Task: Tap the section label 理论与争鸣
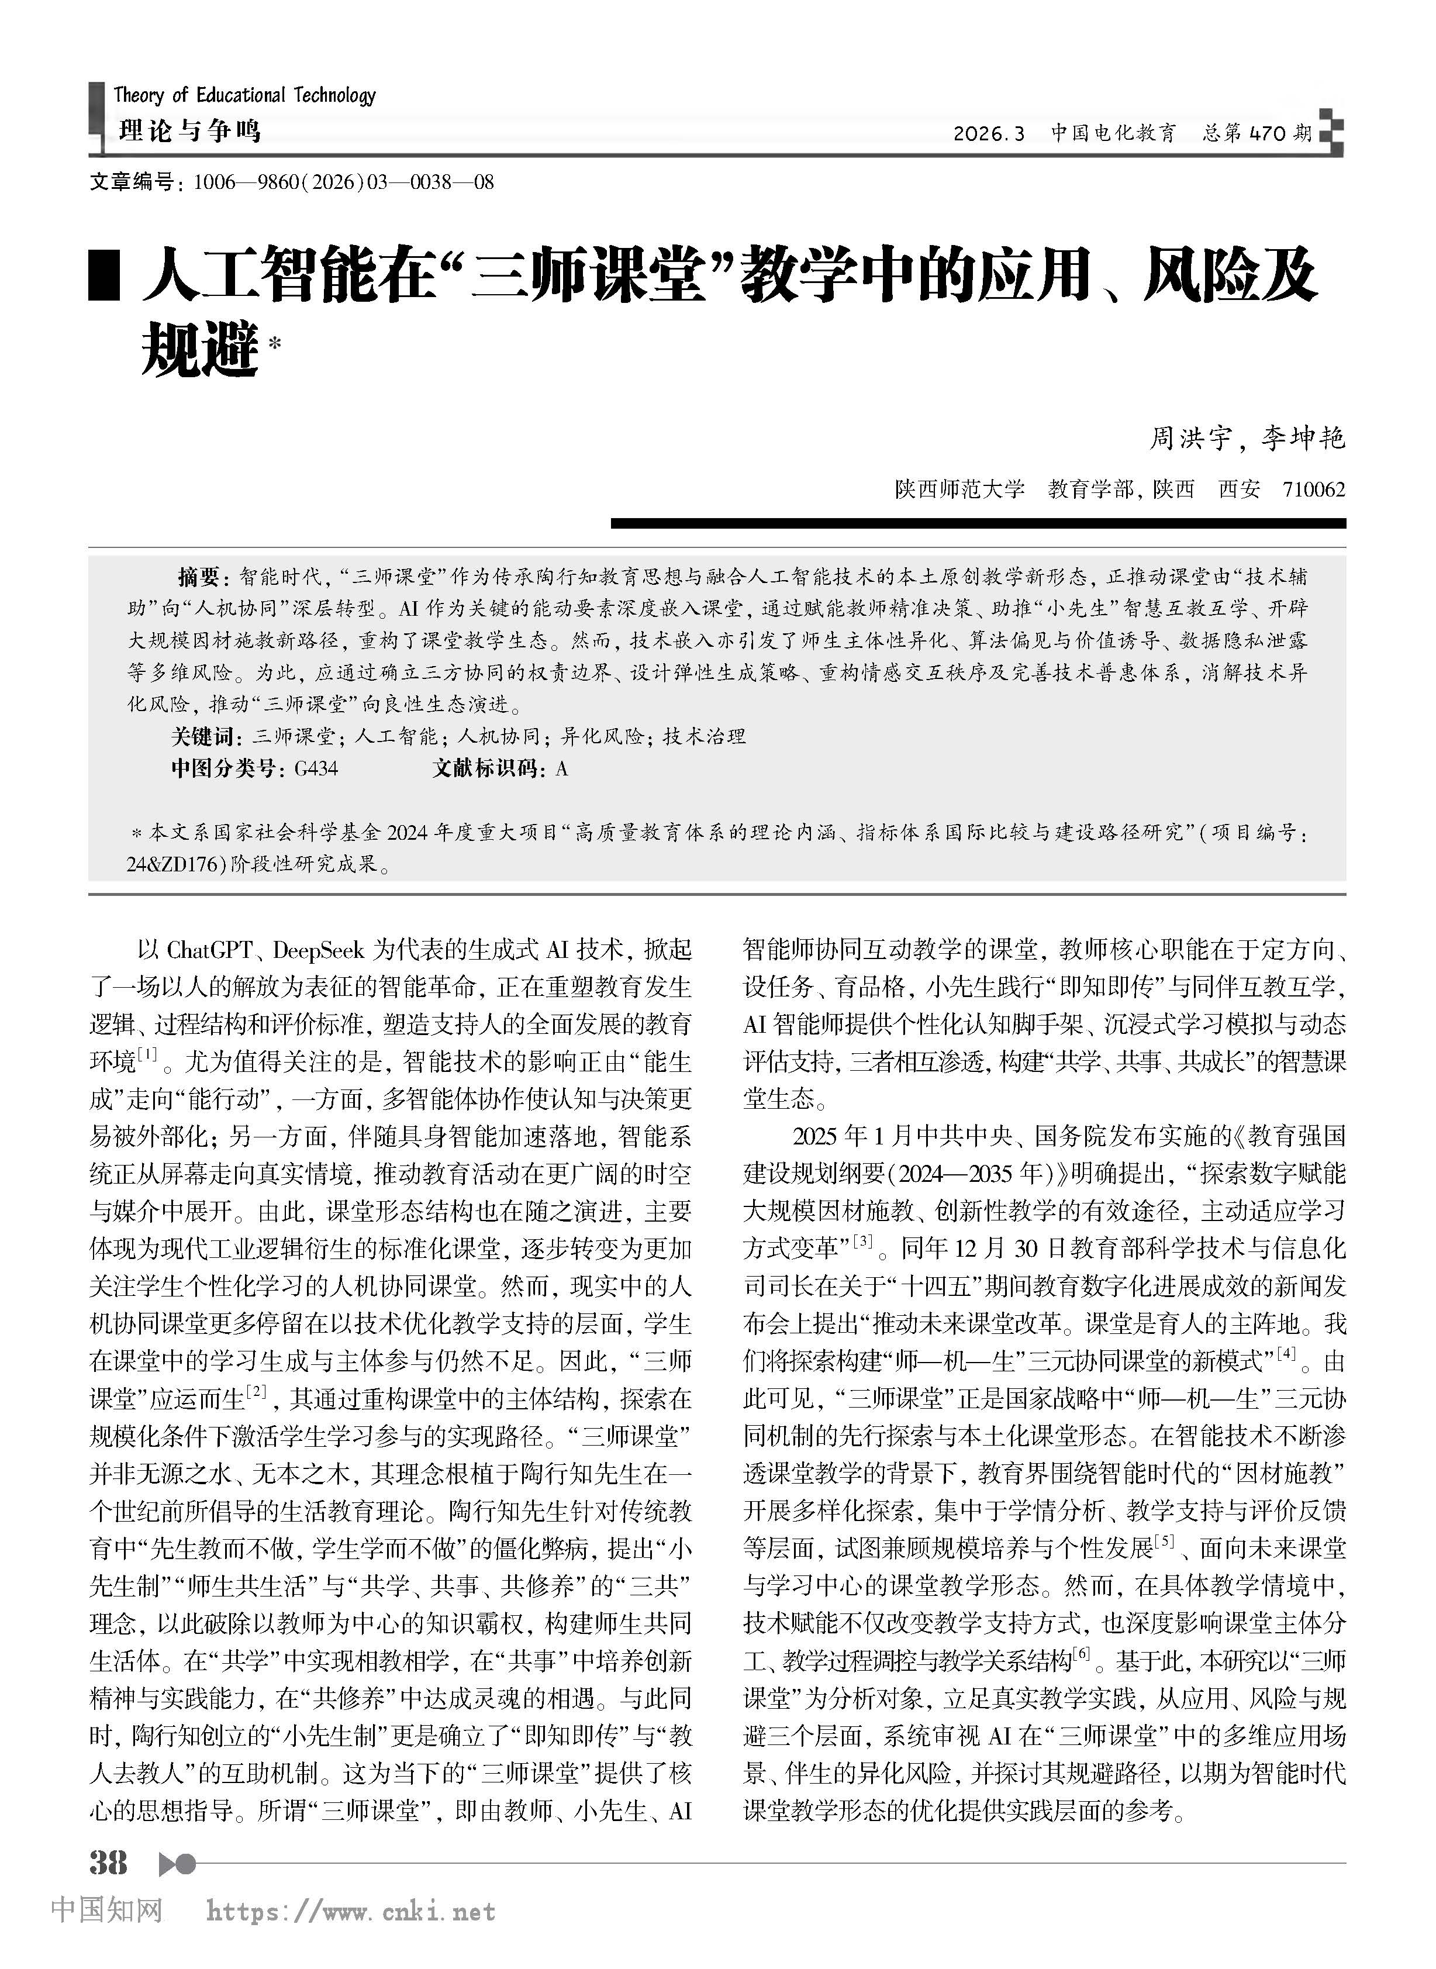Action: coord(189,131)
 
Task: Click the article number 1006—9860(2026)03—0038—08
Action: coord(343,182)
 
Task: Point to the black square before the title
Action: coord(104,277)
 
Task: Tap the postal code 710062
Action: coord(1313,489)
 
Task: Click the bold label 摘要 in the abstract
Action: coord(199,577)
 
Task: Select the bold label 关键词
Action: coord(204,737)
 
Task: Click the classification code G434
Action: coord(316,768)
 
